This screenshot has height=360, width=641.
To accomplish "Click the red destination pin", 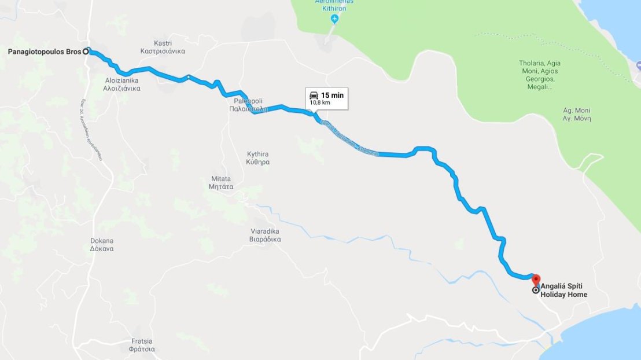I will [535, 280].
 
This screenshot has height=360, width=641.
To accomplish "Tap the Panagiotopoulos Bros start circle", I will [86, 51].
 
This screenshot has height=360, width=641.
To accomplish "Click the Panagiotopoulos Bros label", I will [44, 52].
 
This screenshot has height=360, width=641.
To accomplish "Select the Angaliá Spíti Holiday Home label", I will [563, 290].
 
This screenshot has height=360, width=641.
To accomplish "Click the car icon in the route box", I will [314, 95].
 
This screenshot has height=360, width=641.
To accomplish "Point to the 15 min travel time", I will [333, 95].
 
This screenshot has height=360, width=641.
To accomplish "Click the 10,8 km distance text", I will [320, 102].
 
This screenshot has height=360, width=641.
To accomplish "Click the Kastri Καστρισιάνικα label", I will [163, 47].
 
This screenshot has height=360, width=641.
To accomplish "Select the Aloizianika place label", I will [121, 85].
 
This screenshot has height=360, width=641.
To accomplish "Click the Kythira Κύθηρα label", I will [258, 158].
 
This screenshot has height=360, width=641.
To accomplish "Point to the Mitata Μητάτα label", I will [221, 183].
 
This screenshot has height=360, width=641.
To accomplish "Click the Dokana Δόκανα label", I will [102, 244].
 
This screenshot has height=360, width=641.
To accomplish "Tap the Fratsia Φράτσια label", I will [142, 345].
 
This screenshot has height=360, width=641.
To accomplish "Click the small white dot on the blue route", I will [189, 76].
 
